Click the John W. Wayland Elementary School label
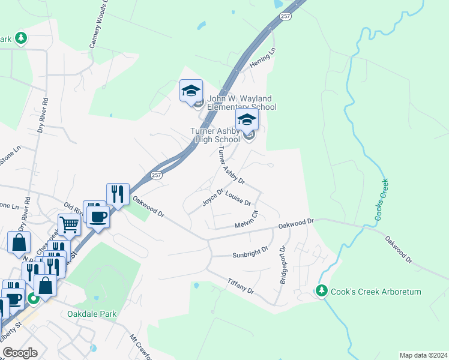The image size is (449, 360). [242, 103]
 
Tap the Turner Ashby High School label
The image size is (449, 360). [215, 135]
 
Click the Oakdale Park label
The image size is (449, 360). [92, 314]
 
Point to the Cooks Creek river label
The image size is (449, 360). [381, 200]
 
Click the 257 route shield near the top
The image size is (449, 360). [285, 16]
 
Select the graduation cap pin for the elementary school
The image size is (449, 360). [191, 91]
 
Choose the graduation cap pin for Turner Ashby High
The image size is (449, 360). [247, 119]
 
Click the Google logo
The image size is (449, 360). [19, 352]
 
